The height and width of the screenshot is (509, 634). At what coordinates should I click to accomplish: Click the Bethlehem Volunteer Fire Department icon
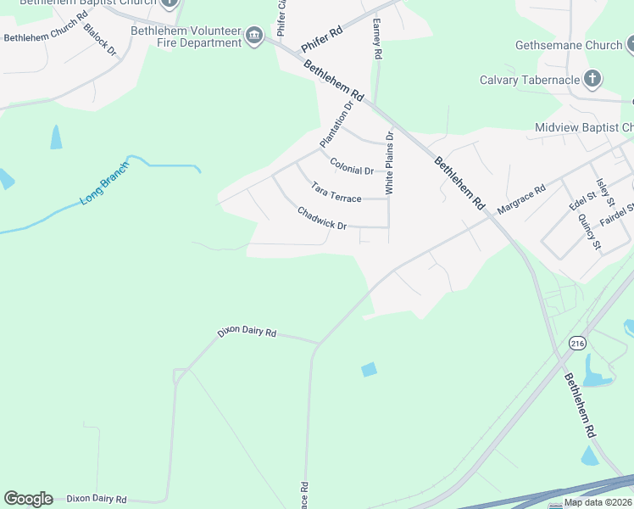click(x=253, y=36)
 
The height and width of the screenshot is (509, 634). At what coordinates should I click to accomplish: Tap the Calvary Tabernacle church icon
click(x=592, y=81)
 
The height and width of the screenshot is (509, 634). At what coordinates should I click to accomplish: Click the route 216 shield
click(x=577, y=344)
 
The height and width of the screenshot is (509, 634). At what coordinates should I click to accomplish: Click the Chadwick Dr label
click(x=322, y=219)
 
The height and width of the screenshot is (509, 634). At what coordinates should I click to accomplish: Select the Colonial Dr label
click(x=352, y=165)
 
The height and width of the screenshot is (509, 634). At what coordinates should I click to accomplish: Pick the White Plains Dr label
click(x=390, y=163)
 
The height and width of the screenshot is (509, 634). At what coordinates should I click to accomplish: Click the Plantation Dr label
click(x=335, y=123)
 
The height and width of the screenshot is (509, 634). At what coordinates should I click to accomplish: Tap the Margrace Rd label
click(x=520, y=201)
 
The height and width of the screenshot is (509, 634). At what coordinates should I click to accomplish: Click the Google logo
click(x=28, y=498)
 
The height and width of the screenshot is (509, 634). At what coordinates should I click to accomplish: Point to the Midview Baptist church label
click(x=584, y=128)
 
